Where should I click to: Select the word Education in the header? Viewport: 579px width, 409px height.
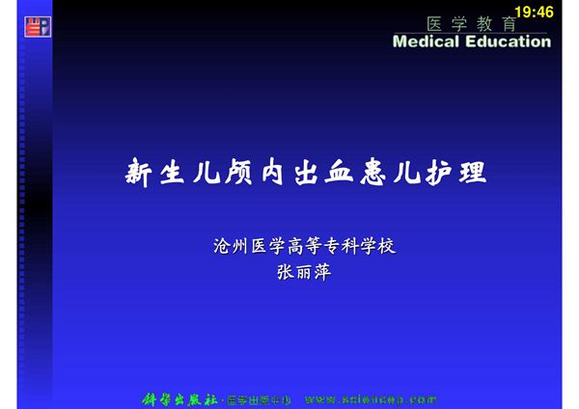click(508, 41)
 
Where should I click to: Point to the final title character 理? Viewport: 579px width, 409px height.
click(471, 174)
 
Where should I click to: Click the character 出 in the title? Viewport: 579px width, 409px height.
click(305, 174)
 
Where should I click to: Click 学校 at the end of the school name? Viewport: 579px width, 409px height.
click(376, 246)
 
